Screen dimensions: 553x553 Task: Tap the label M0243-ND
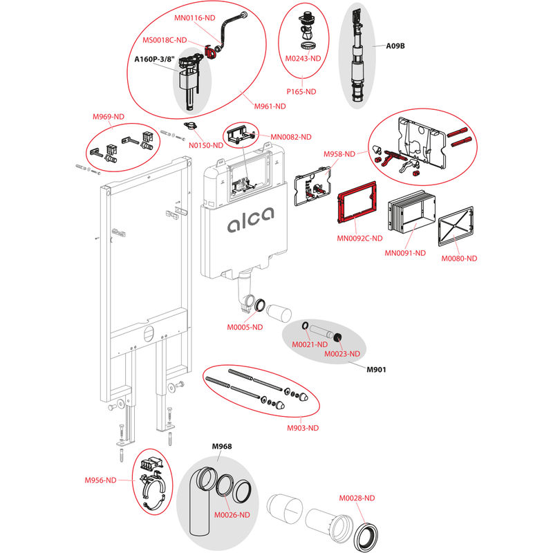[303, 58]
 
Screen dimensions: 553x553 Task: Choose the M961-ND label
[270, 106]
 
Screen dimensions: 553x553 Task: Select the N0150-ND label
[206, 144]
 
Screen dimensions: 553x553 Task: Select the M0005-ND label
[245, 327]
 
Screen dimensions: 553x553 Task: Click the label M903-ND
[303, 428]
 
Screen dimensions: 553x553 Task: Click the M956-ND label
[100, 480]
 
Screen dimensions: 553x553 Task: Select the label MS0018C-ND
[164, 41]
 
